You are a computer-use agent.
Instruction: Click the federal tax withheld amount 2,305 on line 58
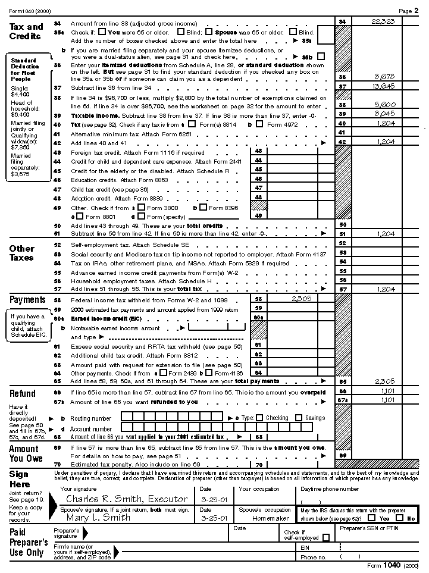pos(302,299)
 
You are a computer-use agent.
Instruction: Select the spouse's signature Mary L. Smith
pos(98,517)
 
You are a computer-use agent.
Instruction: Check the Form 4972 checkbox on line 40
pos(259,124)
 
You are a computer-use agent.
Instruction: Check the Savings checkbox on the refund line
pos(299,418)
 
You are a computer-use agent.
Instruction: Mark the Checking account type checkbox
pos(259,418)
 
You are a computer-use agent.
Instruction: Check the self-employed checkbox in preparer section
pos(325,537)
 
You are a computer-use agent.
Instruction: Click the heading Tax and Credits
pos(26,31)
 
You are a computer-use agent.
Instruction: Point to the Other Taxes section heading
pos(22,253)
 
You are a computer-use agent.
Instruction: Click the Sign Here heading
pos(19,479)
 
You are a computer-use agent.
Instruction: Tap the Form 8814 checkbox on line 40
pos(192,124)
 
